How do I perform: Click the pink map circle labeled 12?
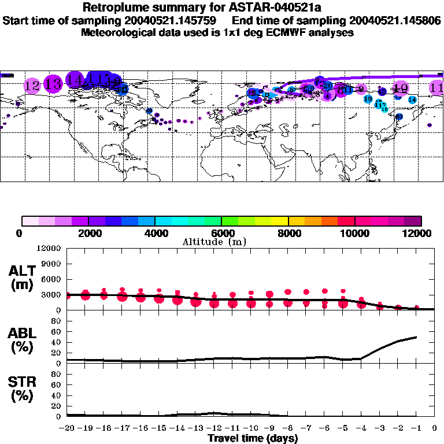tap(32, 86)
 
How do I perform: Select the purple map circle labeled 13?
tap(53, 84)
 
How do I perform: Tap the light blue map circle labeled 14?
tap(412, 99)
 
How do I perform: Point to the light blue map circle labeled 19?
tap(368, 99)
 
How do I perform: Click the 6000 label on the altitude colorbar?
tap(221, 233)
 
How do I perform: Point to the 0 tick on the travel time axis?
tap(435, 428)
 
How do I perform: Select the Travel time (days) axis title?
tap(253, 438)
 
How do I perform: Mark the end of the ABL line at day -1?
tap(416, 336)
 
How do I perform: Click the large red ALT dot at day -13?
tap(196, 301)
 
